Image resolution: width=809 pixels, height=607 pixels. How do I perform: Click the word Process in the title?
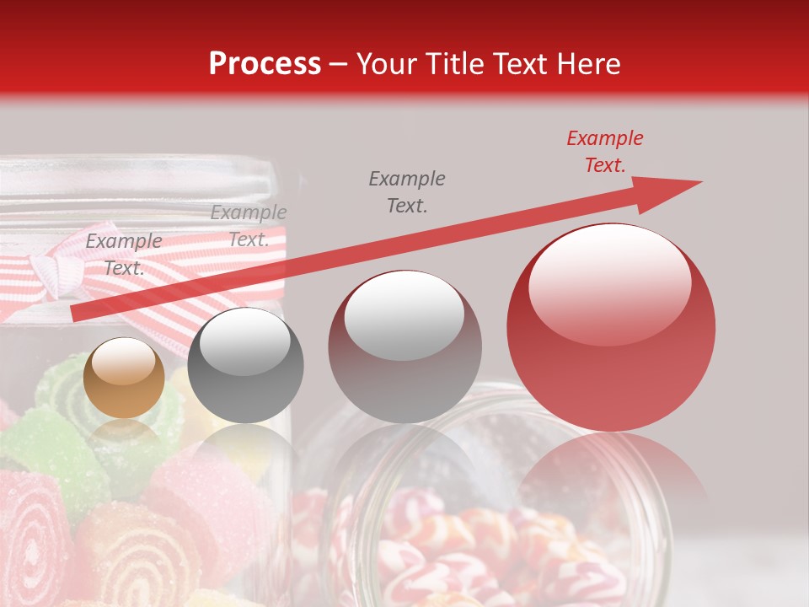[265, 64]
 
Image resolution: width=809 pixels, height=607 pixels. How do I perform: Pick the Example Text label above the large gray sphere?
[407, 191]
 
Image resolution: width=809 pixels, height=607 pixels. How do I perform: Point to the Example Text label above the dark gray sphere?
[249, 226]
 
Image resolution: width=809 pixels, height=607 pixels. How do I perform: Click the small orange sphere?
[125, 378]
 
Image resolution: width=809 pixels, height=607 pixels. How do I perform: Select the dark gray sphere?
[245, 365]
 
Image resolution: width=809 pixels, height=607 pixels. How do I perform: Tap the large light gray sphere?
[404, 346]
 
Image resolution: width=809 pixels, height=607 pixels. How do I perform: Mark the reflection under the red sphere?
[611, 472]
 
